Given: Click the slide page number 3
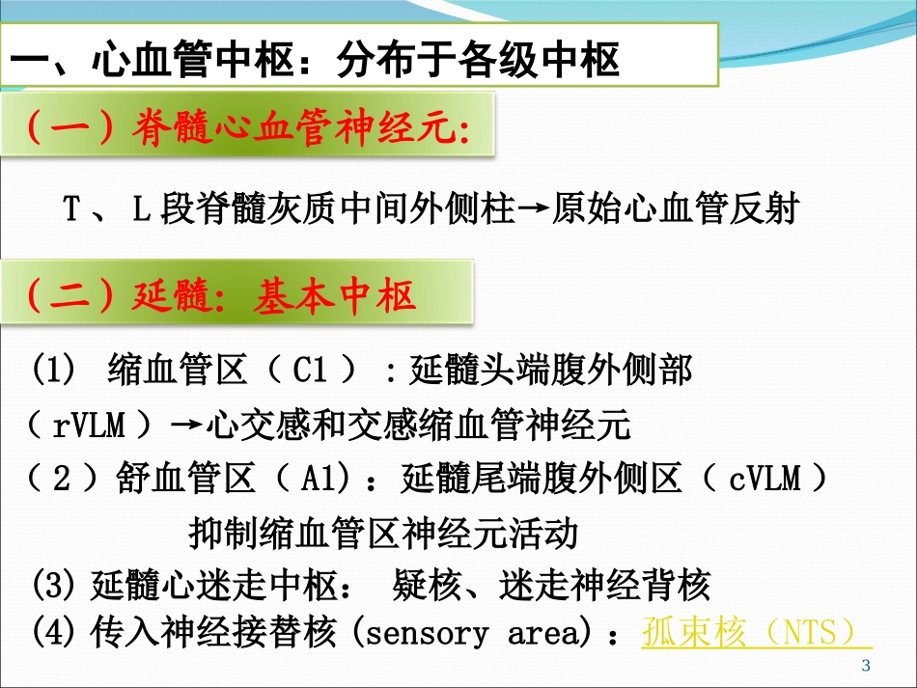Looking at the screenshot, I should point(865,665).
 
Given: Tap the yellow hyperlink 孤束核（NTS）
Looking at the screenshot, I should point(756,632).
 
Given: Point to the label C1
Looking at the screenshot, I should point(313,370).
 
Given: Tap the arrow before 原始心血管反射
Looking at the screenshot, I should point(534,211).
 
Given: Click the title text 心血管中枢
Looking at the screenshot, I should point(193,62).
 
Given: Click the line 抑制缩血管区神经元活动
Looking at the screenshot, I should point(383,531).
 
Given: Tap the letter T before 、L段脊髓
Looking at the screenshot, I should point(70,211).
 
